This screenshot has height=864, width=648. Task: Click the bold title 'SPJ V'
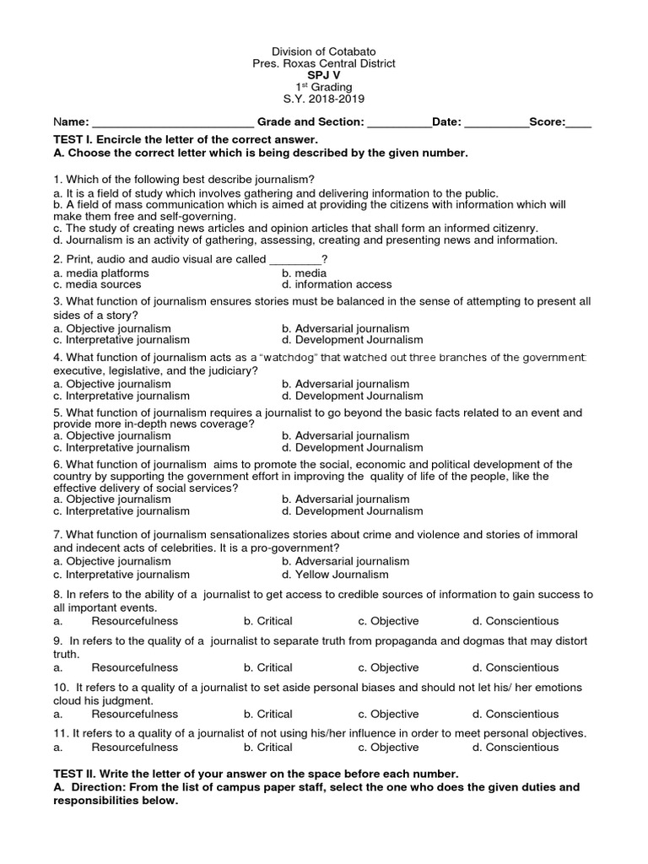(324, 75)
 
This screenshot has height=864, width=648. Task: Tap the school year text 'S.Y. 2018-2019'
(324, 100)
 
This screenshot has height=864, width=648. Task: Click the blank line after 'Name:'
(172, 123)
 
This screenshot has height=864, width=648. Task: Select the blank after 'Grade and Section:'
(399, 123)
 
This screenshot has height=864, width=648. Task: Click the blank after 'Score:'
(579, 123)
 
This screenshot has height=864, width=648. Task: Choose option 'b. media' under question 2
(304, 273)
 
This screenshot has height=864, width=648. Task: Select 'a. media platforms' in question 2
(100, 273)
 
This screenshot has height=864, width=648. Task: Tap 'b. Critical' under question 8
(267, 621)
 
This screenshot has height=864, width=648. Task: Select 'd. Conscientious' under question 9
(516, 667)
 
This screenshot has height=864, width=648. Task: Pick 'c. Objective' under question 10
(388, 714)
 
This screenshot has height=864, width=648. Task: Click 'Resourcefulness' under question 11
(135, 747)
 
